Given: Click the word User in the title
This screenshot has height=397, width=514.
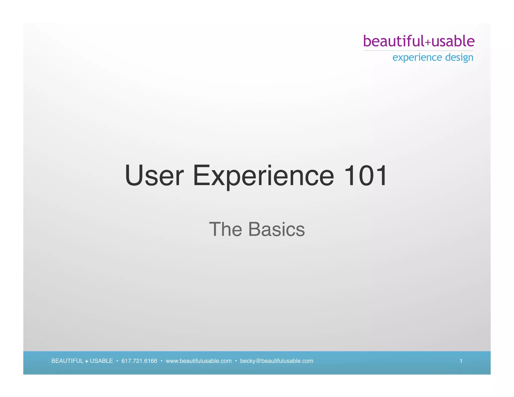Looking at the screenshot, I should [154, 175].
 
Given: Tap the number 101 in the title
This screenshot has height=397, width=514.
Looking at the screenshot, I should [365, 175].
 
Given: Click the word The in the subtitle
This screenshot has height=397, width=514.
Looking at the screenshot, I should [225, 229].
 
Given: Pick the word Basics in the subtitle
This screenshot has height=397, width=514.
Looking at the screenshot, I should [276, 229].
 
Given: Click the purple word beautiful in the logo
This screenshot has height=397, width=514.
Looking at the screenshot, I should [394, 41].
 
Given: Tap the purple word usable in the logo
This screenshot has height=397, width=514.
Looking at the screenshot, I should [453, 41].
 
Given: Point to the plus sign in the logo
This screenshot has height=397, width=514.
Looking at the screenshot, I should [428, 43].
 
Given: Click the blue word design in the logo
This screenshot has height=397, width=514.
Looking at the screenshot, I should [459, 57].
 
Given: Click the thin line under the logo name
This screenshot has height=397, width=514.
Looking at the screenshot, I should [418, 50].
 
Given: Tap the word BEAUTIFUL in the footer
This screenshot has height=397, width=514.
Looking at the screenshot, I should [67, 361].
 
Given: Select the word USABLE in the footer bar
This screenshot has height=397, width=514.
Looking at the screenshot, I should [101, 361].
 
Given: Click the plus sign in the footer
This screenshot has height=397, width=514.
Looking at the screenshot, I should [87, 361].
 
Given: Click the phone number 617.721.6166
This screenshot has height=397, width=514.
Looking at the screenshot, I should [139, 361].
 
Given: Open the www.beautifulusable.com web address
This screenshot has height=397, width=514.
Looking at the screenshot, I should [199, 361].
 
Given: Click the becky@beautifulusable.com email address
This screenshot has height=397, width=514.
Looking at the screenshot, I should [277, 361].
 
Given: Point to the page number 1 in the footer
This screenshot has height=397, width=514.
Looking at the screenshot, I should [461, 361].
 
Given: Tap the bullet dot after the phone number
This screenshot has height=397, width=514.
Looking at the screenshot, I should [161, 361].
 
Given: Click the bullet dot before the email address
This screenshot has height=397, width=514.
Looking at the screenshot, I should [236, 361].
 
